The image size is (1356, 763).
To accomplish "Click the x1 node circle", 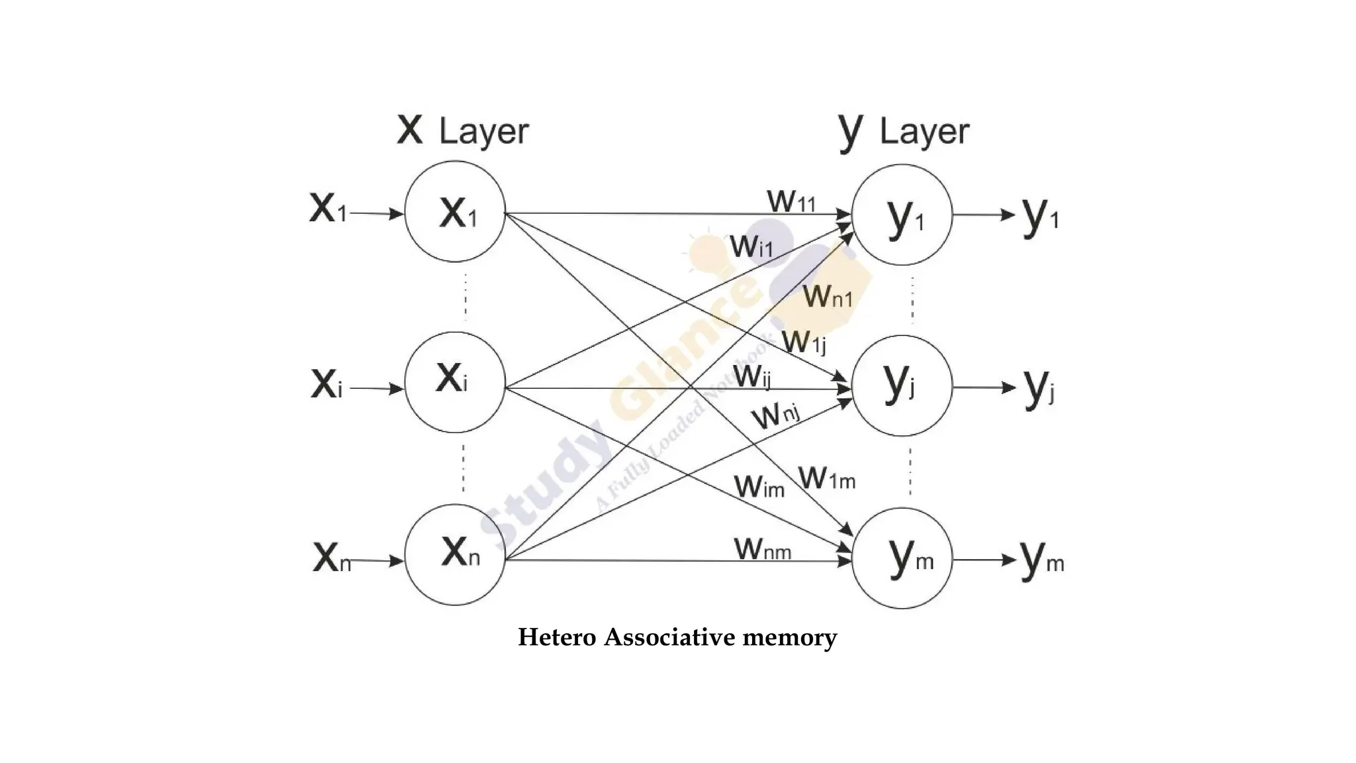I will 455,212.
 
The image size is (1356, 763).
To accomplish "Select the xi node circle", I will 455,382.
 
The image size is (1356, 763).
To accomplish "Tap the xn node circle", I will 455,554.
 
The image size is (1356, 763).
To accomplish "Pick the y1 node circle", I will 902,215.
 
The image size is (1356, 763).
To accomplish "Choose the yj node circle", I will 902,385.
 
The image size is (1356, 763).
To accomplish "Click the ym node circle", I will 902,558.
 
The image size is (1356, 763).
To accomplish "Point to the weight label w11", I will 791,199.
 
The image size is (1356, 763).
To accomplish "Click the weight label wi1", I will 751,245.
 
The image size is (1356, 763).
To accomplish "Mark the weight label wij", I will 752,376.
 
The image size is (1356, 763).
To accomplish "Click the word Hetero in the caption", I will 557,637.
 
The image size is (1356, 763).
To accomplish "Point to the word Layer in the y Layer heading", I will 924,132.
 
